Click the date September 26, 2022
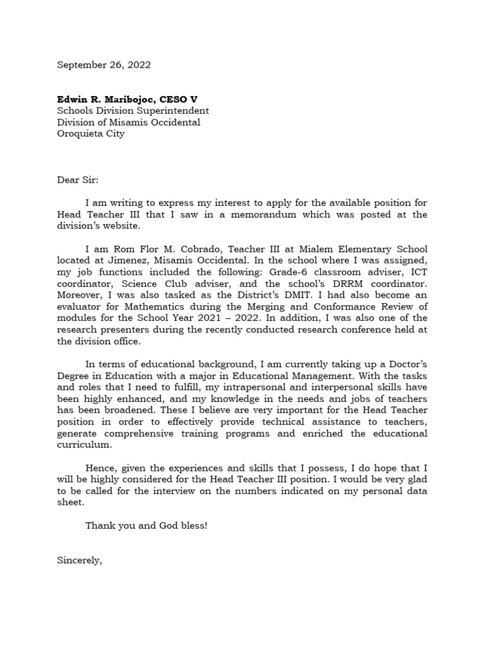click(104, 65)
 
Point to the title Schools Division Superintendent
click(133, 111)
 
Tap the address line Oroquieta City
click(91, 134)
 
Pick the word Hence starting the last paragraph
click(100, 468)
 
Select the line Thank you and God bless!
click(146, 526)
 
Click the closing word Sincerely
click(79, 560)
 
